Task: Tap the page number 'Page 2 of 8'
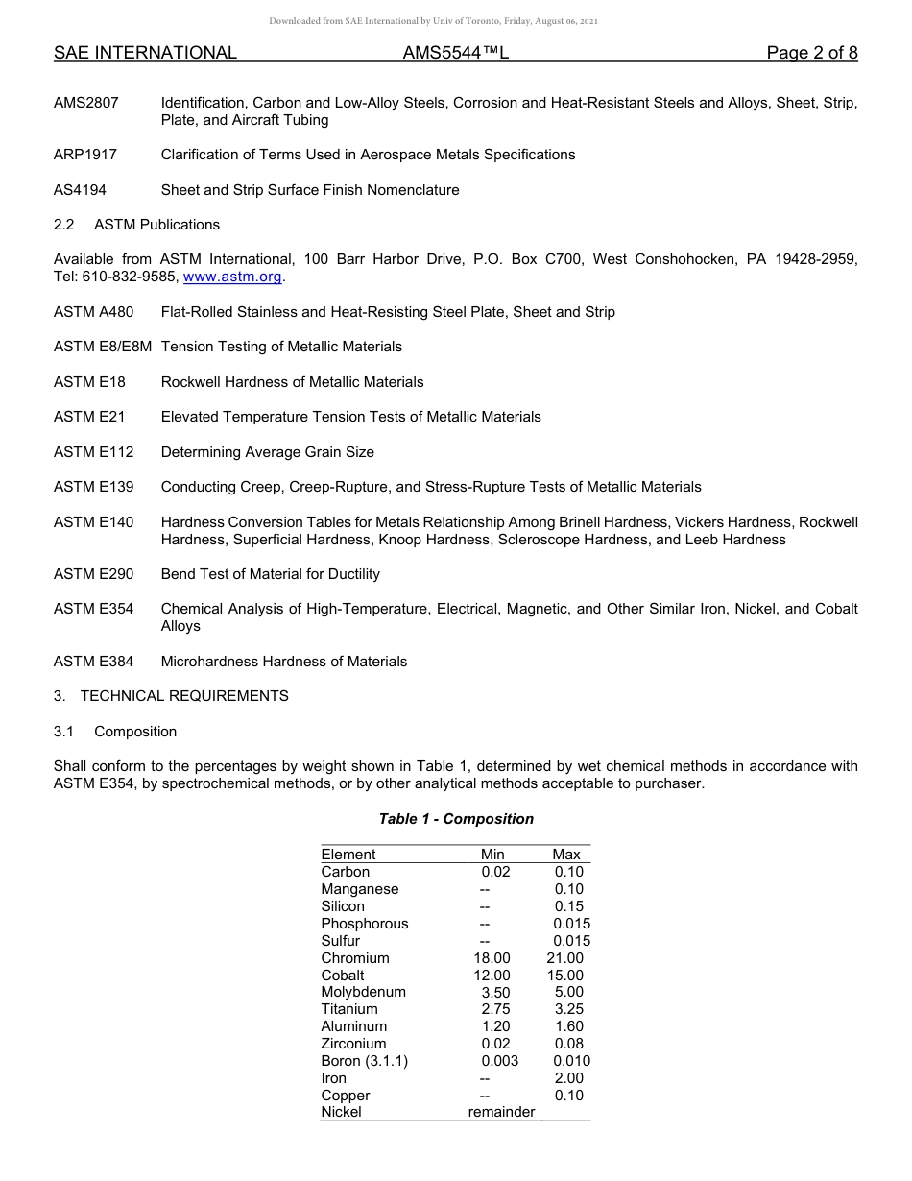pos(811,53)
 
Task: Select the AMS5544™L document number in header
pos(455,53)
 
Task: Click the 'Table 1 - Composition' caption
pos(456,819)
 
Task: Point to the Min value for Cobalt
pos(495,976)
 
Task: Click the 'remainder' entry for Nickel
pos(501,1112)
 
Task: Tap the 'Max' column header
pos(565,855)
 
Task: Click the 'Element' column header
pos(348,855)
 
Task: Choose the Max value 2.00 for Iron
pos(568,1078)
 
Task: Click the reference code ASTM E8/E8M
pos(103,347)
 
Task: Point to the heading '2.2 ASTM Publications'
pos(136,225)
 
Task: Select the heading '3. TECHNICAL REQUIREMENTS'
pos(171,696)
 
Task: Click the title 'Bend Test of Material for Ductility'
pos(270,574)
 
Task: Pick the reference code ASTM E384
pos(94,662)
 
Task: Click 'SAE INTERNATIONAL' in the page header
pos(145,53)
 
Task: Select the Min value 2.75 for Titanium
pos(495,1009)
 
